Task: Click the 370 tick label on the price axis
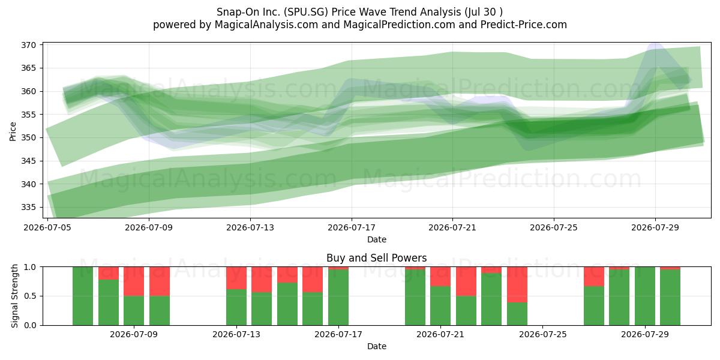click(x=28, y=45)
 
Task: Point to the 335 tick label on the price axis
click(x=28, y=208)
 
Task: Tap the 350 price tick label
click(x=28, y=137)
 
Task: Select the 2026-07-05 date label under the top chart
click(x=47, y=227)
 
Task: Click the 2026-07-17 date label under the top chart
click(x=352, y=227)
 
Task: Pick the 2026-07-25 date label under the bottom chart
click(x=543, y=334)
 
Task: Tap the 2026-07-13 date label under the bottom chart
click(x=236, y=334)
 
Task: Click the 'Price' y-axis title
click(x=13, y=131)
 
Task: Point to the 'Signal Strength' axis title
click(x=14, y=296)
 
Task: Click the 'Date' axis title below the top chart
click(x=377, y=239)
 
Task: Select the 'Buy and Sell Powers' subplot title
click(x=377, y=258)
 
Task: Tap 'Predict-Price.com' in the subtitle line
click(x=524, y=25)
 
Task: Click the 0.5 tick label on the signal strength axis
click(x=30, y=296)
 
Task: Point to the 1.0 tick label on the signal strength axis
click(x=30, y=267)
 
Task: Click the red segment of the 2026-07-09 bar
click(x=134, y=281)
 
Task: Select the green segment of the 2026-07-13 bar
click(x=236, y=307)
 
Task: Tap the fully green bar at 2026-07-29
click(x=645, y=296)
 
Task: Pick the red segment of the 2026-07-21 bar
click(x=440, y=277)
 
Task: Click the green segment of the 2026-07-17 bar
click(x=338, y=298)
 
